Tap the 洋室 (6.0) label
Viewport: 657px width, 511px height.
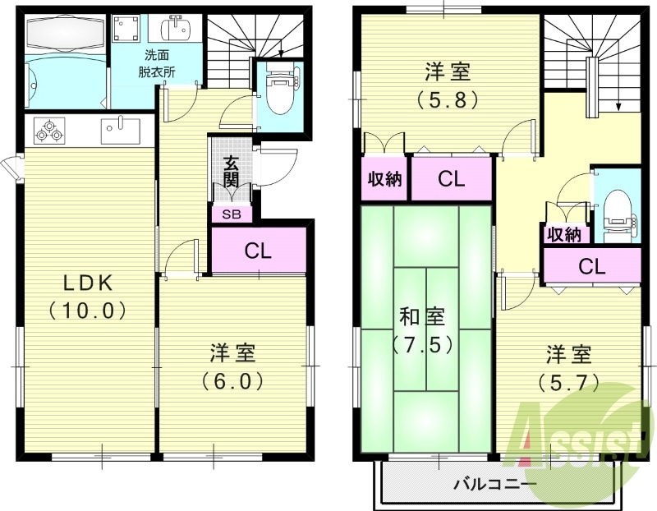point(232,367)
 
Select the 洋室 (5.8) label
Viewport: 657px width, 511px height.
point(448,85)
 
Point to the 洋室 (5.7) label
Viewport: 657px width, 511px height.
point(568,369)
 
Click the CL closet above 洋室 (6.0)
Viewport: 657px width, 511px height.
point(259,251)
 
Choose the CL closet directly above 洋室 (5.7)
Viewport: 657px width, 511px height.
point(591,266)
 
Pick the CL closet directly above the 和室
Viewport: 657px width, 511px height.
point(451,178)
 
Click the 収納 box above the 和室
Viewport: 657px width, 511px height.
point(384,178)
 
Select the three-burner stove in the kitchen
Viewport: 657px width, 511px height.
point(49,129)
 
